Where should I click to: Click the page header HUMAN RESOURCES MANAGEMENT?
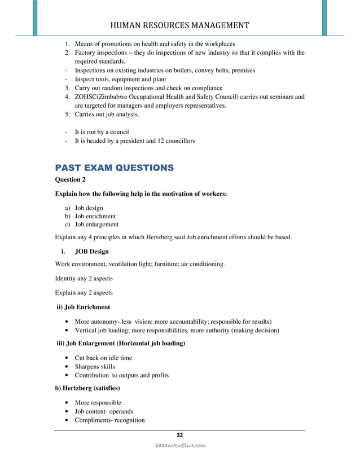pyautogui.click(x=179, y=25)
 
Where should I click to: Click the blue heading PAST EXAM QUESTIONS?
pyautogui.click(x=114, y=168)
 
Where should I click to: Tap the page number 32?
pyautogui.click(x=180, y=434)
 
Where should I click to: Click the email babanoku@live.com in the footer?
pyautogui.click(x=180, y=445)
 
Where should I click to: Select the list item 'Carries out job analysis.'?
pyautogui.click(x=102, y=115)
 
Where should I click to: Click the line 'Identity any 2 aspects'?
pyautogui.click(x=84, y=278)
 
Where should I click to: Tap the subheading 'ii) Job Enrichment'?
pyautogui.click(x=83, y=307)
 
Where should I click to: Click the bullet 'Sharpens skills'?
pyautogui.click(x=95, y=367)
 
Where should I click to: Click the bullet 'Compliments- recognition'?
pyautogui.click(x=109, y=420)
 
